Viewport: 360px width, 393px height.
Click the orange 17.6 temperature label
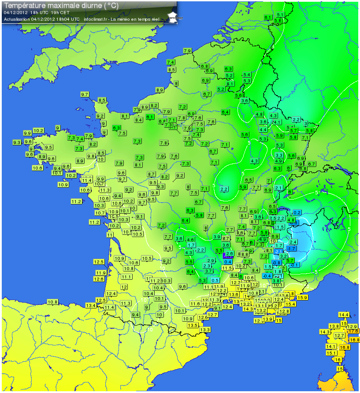coord(353,331)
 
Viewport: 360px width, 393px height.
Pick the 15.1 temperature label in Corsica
coord(331,353)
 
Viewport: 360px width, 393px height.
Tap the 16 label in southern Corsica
coord(338,360)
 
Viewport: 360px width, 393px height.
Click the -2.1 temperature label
coord(278,251)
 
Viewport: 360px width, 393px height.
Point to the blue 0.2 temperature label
coord(297,212)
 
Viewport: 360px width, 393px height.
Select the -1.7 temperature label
coord(291,248)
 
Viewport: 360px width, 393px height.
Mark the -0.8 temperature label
coord(277,263)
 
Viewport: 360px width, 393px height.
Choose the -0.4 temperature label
coord(267,276)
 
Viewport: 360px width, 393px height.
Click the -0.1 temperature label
coord(295,264)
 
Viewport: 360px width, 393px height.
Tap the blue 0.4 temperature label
coord(228,262)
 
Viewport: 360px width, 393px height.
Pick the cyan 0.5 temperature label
coord(215,280)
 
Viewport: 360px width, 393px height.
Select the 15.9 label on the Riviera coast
coord(303,297)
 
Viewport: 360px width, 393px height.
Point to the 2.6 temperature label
coord(229,254)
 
